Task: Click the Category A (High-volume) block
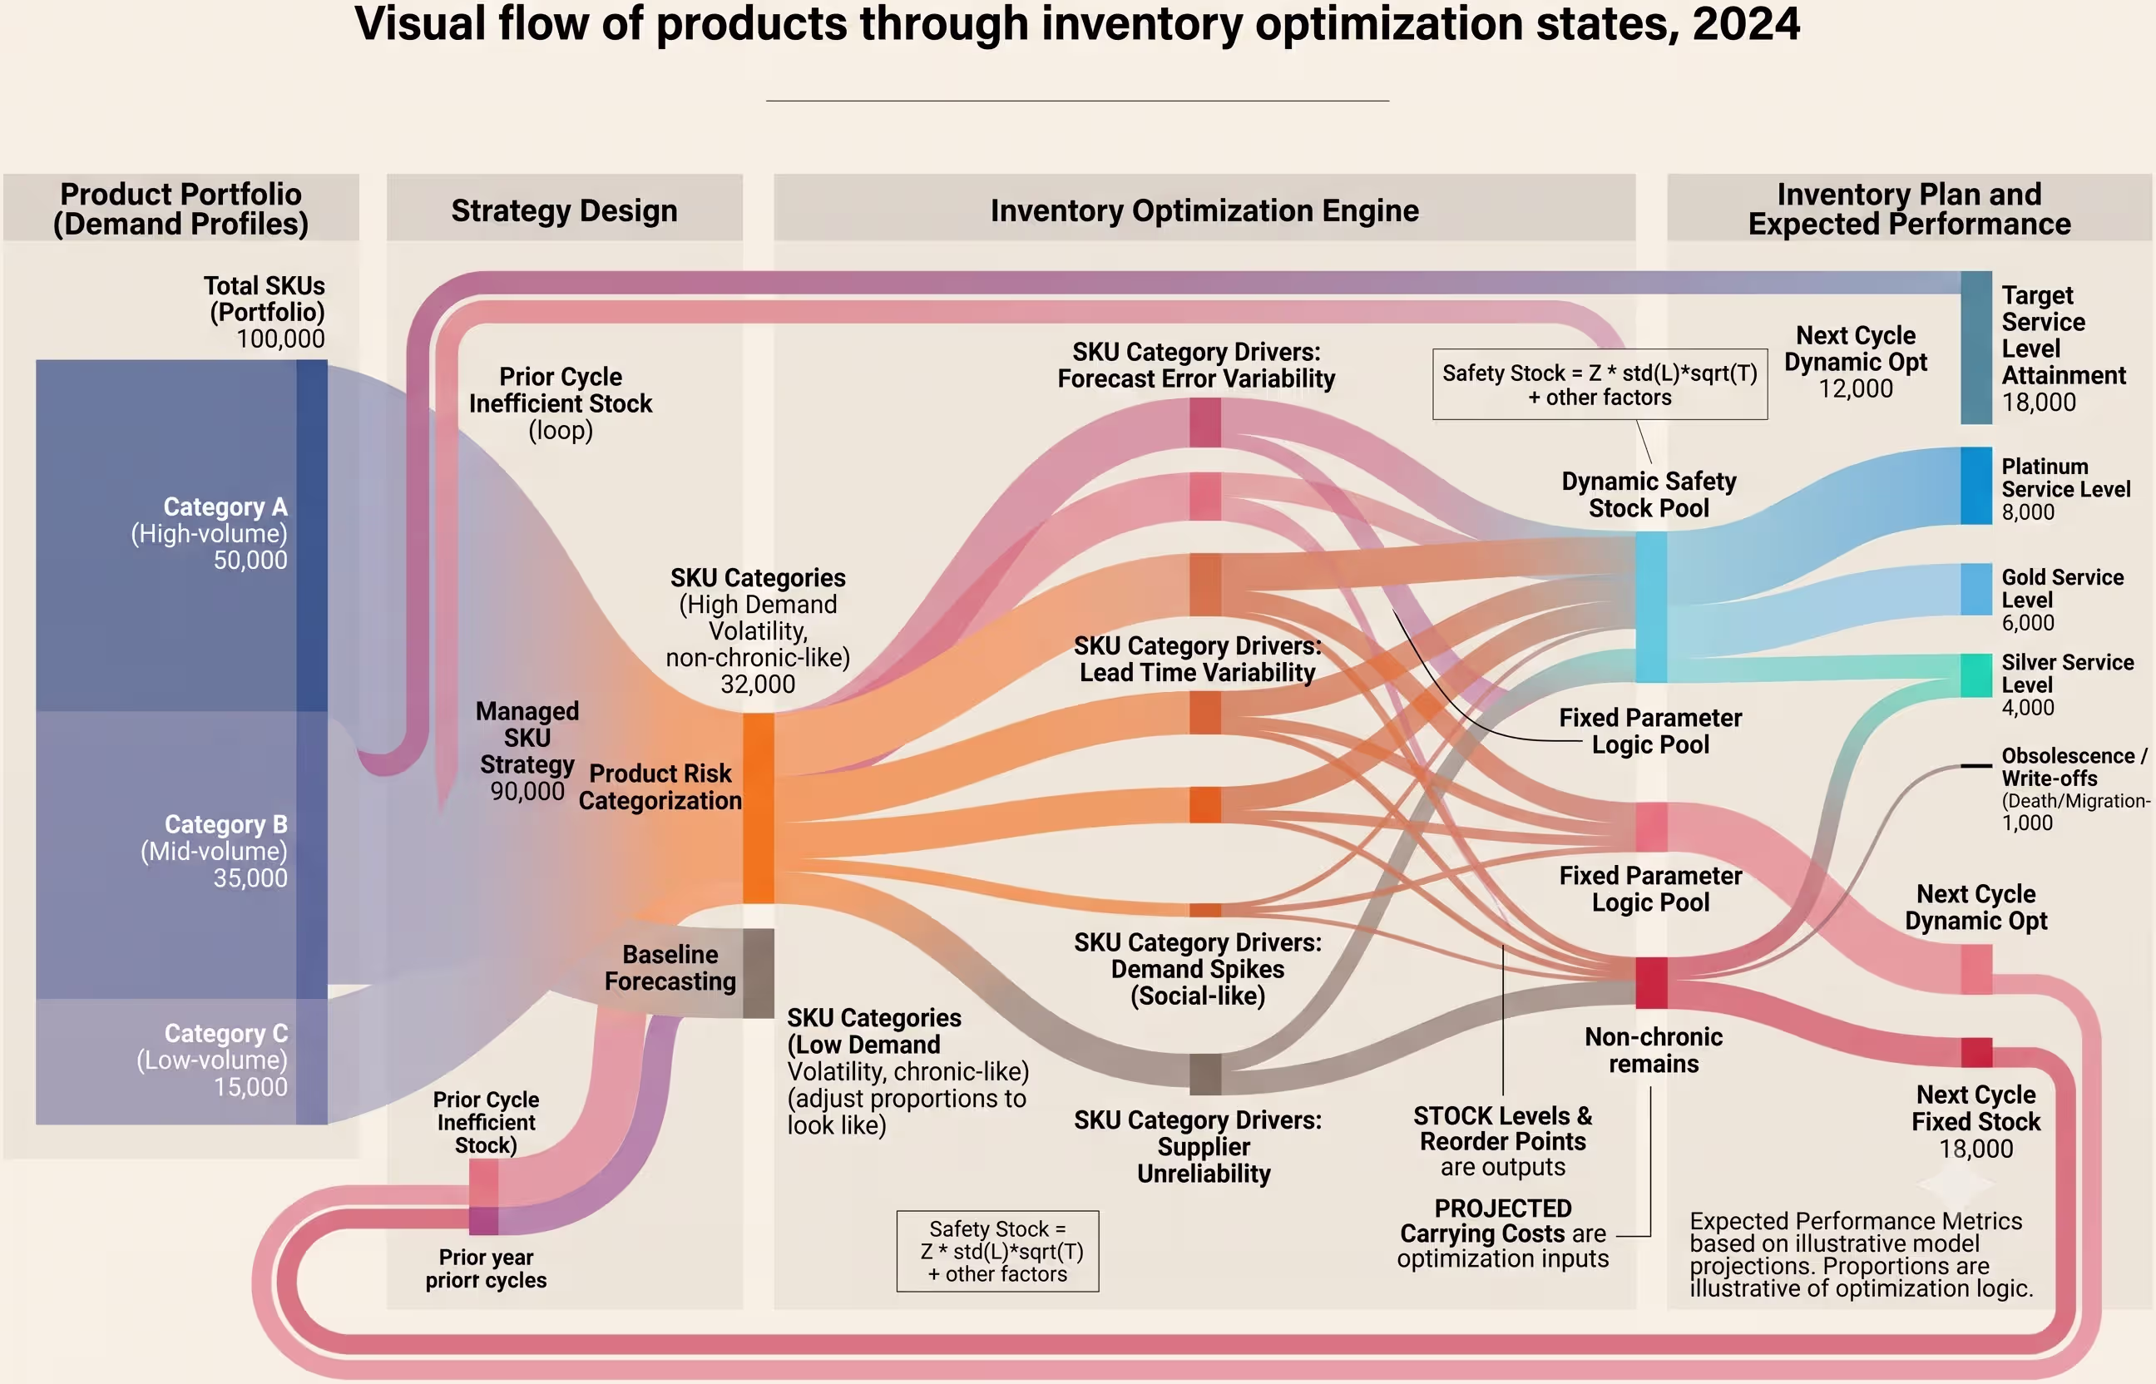pyautogui.click(x=181, y=536)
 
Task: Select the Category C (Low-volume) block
pyautogui.click(x=181, y=1061)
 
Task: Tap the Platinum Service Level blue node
pyautogui.click(x=1976, y=485)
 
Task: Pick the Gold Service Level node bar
pyautogui.click(x=1976, y=589)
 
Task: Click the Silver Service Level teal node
pyautogui.click(x=1976, y=675)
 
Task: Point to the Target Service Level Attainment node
pyautogui.click(x=1976, y=347)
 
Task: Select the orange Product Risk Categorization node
pyautogui.click(x=758, y=808)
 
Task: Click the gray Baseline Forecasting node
pyautogui.click(x=758, y=973)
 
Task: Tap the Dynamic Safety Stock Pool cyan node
pyautogui.click(x=1651, y=607)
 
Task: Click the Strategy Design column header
pyautogui.click(x=565, y=210)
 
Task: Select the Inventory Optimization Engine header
pyautogui.click(x=1204, y=210)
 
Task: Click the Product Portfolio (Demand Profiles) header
pyautogui.click(x=180, y=209)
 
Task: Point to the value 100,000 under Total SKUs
pyautogui.click(x=280, y=339)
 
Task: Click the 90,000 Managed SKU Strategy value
pyautogui.click(x=527, y=791)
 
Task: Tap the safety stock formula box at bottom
pyautogui.click(x=997, y=1251)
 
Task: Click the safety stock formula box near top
pyautogui.click(x=1600, y=384)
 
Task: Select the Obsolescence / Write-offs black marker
pyautogui.click(x=1976, y=766)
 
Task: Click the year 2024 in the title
pyautogui.click(x=1746, y=24)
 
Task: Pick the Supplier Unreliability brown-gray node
pyautogui.click(x=1205, y=1074)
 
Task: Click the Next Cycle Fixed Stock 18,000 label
pyautogui.click(x=1976, y=1121)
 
